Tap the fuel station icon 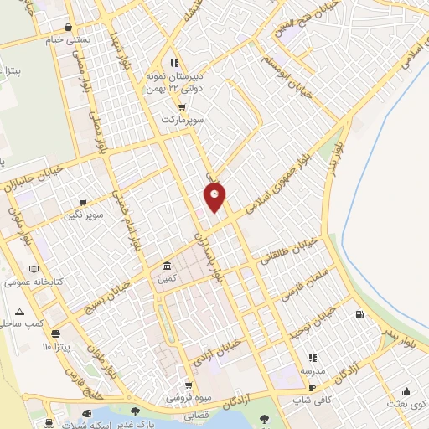point(360,315)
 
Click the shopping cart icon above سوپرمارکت point(182,107)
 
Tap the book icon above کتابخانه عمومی point(34,270)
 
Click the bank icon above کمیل point(167,265)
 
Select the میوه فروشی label point(181,397)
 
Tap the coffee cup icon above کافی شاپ point(312,388)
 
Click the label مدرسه point(313,370)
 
